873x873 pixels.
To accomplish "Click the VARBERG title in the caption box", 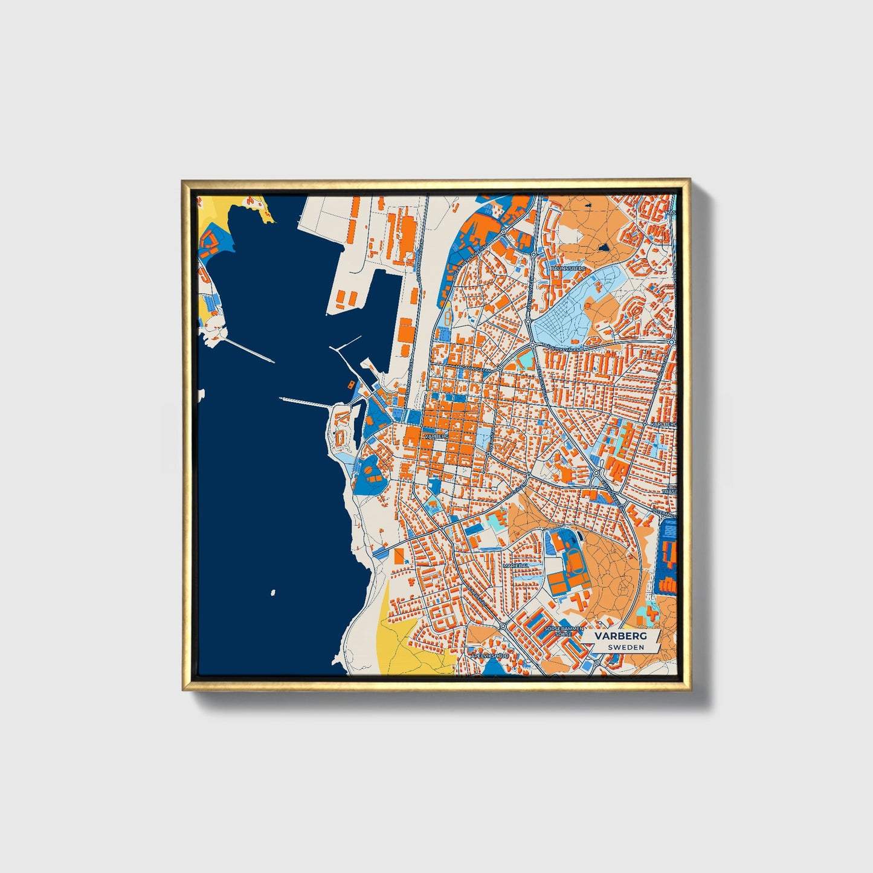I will pyautogui.click(x=620, y=636).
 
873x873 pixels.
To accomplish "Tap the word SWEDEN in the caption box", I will pyautogui.click(x=625, y=647).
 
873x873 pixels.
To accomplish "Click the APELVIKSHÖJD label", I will pyautogui.click(x=489, y=655).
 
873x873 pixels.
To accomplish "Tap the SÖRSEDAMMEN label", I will pyautogui.click(x=564, y=628).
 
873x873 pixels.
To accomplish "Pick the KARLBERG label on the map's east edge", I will pyautogui.click(x=663, y=425).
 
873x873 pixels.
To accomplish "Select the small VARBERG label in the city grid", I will pyautogui.click(x=436, y=435).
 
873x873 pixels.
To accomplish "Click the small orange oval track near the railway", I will pyautogui.click(x=446, y=318).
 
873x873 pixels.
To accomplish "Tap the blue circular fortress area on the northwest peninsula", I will pyautogui.click(x=212, y=242).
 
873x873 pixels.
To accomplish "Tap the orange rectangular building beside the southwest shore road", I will pyautogui.click(x=399, y=556).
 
